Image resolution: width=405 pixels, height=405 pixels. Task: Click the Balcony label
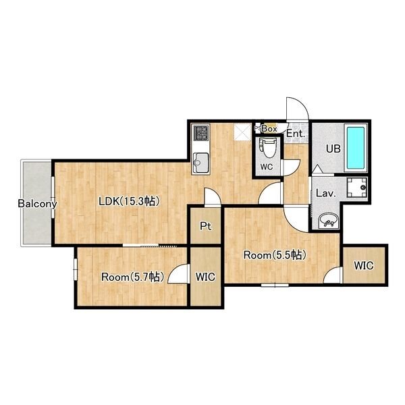37,204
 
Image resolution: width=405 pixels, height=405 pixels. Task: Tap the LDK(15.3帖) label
128,201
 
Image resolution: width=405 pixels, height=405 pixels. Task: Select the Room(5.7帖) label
133,277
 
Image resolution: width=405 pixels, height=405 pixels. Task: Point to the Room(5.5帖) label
275,255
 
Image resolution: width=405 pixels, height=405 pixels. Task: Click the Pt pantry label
206,226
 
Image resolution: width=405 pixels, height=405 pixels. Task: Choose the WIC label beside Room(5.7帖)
205,277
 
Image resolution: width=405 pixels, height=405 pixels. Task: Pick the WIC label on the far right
364,265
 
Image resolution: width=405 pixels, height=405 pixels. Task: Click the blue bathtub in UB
356,148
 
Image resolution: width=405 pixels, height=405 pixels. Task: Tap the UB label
333,148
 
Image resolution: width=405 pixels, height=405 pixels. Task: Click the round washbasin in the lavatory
328,221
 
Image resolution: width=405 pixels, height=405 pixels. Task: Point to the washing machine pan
357,187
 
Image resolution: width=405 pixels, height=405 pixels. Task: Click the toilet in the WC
269,148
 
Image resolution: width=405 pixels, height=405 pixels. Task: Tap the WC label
267,167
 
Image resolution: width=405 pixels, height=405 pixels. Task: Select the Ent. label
296,134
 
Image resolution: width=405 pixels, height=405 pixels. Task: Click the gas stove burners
201,133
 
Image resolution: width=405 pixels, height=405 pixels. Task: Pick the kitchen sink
201,163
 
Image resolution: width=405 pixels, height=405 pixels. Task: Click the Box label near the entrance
269,129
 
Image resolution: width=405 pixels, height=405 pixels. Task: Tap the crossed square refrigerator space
242,132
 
